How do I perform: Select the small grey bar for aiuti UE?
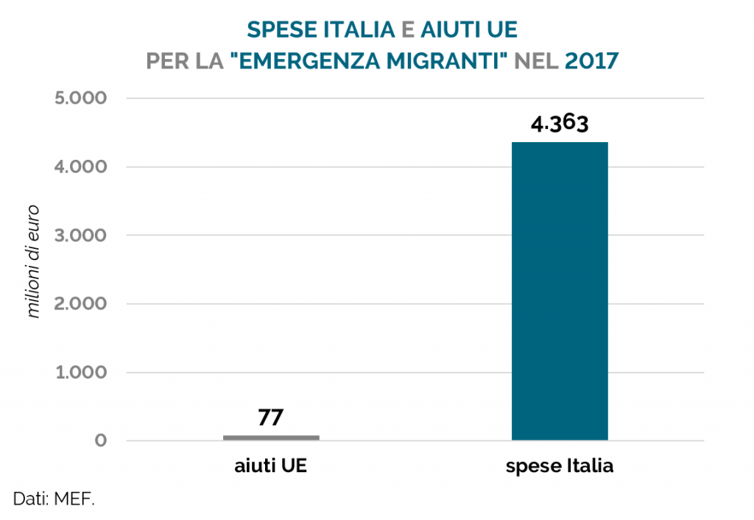pyautogui.click(x=271, y=438)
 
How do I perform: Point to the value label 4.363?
pyautogui.click(x=560, y=124)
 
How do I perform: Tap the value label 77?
pyautogui.click(x=271, y=418)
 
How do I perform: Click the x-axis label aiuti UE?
pyautogui.click(x=271, y=467)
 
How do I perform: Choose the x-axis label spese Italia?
pyautogui.click(x=560, y=467)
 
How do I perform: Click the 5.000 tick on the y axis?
pyautogui.click(x=80, y=99)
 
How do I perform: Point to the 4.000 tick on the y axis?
pyautogui.click(x=80, y=167)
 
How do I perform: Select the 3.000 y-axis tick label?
pyautogui.click(x=80, y=236)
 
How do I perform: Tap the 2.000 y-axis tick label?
pyautogui.click(x=80, y=304)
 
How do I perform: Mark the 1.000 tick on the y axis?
pyautogui.click(x=80, y=373)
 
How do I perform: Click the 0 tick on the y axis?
pyautogui.click(x=99, y=441)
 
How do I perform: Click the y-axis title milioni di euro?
pyautogui.click(x=34, y=270)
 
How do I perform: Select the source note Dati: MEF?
pyautogui.click(x=54, y=499)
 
